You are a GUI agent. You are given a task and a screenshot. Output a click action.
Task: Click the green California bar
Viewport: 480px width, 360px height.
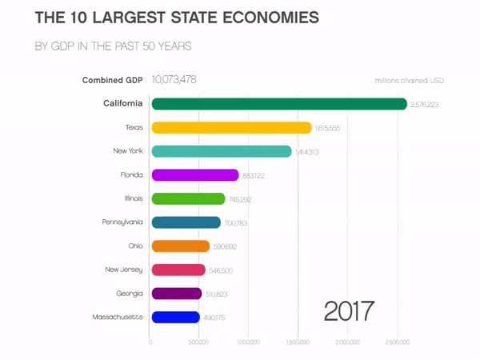pos(279,104)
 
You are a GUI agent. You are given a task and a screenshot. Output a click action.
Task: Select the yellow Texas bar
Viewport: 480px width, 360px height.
pos(231,127)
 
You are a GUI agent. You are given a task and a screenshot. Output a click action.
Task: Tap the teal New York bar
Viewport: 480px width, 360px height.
pos(222,151)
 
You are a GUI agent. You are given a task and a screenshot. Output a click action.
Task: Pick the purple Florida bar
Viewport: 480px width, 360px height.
pos(195,175)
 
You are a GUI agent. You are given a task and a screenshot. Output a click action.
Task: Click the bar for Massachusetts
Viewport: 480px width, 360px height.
pos(175,318)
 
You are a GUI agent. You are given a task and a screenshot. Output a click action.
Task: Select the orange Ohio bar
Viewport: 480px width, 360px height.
pos(180,246)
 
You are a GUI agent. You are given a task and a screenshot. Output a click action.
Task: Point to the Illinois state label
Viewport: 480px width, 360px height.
pos(133,198)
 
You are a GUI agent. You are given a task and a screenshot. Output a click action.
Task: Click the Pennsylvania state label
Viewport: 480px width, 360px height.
pos(123,222)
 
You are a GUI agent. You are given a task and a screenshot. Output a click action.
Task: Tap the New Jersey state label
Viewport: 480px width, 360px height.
pos(125,270)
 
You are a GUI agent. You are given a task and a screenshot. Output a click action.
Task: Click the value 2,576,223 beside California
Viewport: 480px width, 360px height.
pos(425,105)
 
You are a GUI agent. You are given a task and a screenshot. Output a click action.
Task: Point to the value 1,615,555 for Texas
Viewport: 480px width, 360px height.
pos(328,128)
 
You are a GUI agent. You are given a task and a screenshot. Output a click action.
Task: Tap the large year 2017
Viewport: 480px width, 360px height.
pos(350,310)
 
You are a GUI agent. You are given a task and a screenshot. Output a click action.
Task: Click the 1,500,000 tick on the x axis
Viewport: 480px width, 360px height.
pos(298,342)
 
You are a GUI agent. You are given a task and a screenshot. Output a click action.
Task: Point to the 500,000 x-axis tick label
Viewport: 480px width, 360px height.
pos(199,342)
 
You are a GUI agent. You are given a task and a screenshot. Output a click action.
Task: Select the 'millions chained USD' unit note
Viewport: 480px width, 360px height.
pos(410,81)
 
